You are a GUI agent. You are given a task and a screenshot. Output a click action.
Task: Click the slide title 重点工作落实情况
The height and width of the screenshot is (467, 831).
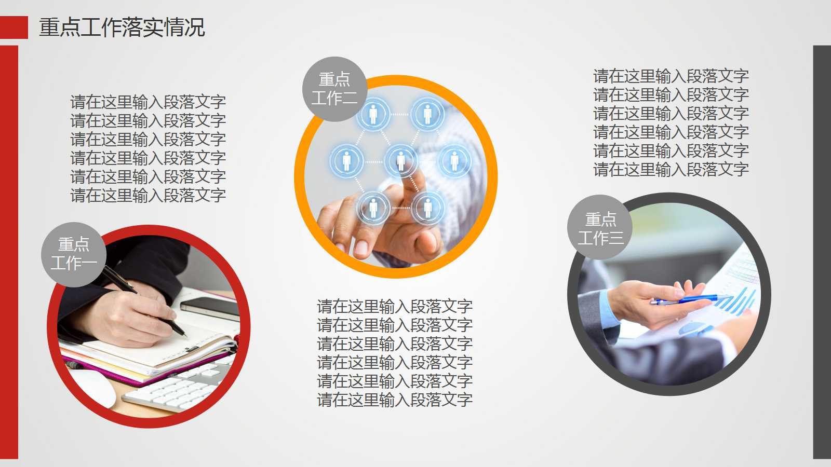122,28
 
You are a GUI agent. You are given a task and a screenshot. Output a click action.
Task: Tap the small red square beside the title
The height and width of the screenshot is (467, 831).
14,28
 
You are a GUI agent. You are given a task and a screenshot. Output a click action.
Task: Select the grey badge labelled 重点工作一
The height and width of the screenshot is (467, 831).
74,254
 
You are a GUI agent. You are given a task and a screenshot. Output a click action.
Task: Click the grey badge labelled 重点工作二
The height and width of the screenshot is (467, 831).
334,89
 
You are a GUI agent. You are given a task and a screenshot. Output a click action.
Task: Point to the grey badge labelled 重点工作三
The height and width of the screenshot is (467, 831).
600,228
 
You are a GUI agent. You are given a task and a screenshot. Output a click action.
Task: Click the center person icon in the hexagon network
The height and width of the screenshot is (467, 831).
400,160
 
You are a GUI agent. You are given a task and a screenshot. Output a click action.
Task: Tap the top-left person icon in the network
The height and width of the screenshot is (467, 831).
373,114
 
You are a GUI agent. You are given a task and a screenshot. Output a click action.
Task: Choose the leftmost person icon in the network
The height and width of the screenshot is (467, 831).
346,160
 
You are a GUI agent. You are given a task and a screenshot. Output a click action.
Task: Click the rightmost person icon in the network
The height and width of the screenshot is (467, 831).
454,160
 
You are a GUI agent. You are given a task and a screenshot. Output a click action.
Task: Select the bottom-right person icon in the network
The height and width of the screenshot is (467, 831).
427,208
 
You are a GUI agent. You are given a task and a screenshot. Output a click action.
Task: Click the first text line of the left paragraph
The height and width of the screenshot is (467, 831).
148,102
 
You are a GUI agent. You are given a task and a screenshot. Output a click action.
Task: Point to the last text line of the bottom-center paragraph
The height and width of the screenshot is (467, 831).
395,400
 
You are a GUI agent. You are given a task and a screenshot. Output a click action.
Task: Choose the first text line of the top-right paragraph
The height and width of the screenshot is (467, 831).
671,76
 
